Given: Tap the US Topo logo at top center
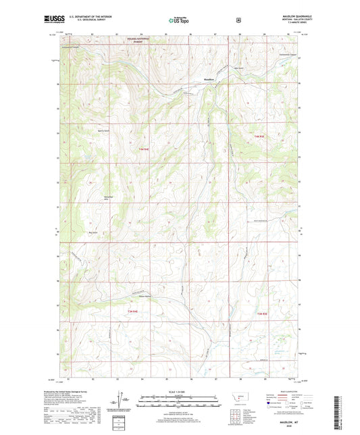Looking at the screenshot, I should pos(179,20).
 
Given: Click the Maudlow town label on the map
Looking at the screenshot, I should pos(209,79).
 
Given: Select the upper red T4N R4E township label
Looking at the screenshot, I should pos(143,149).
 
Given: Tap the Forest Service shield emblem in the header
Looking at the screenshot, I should pos(238,20).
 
